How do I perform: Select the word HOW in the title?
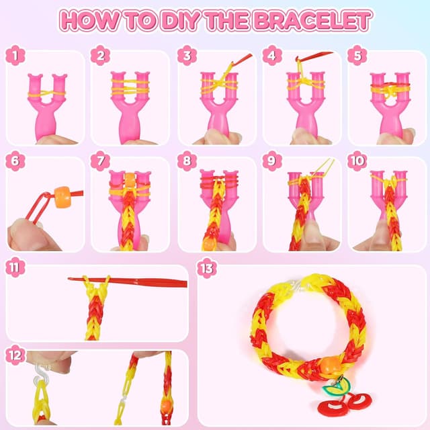pyautogui.click(x=86, y=20)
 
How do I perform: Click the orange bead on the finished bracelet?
pyautogui.click(x=328, y=366)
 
